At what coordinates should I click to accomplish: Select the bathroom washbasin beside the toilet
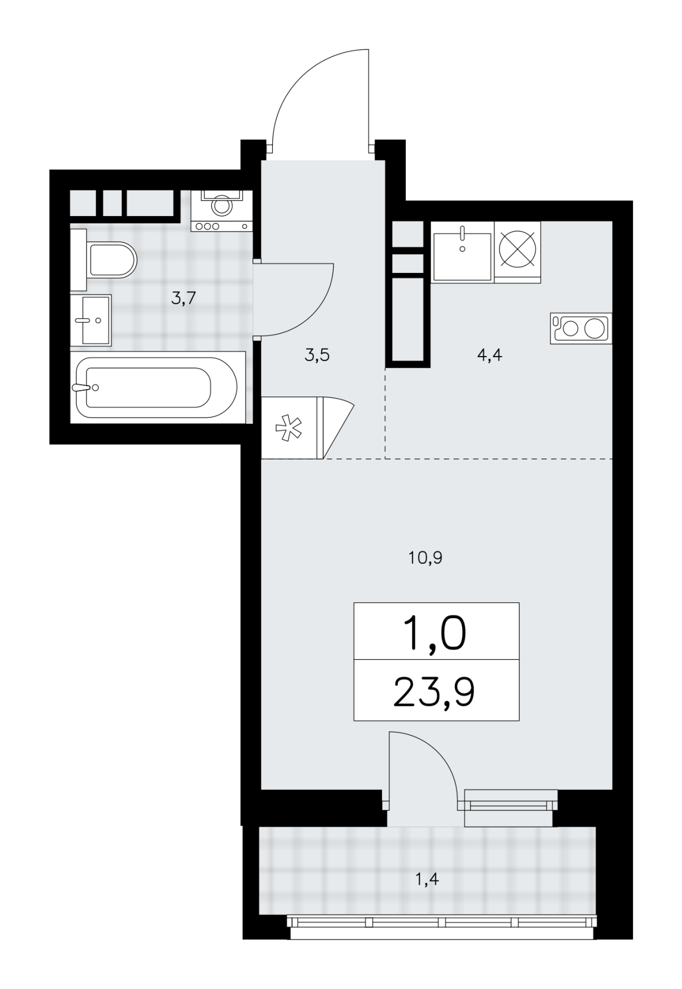[91, 320]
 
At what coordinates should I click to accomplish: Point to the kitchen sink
[462, 257]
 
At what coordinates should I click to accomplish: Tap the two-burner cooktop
[580, 328]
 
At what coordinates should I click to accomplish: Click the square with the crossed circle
[518, 251]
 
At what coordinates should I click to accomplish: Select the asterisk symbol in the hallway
[289, 428]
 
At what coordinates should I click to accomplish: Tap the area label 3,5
[317, 356]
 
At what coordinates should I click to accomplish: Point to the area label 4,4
[490, 356]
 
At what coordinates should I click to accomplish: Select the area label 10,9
[425, 558]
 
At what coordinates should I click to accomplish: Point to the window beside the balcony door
[510, 804]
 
